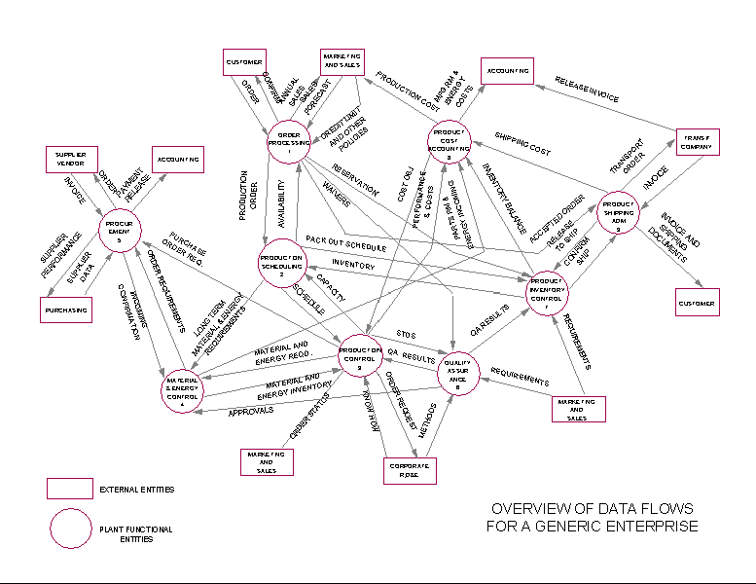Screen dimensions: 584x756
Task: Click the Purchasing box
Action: [66, 310]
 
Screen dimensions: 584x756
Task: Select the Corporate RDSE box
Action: [409, 469]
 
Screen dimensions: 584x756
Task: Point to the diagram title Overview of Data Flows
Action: [592, 518]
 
